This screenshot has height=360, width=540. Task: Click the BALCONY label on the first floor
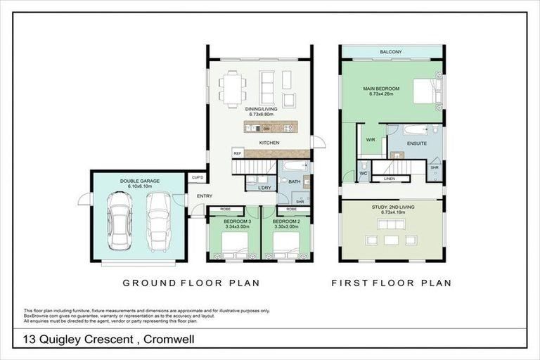click(x=391, y=53)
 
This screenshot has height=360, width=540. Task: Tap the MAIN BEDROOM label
click(x=381, y=89)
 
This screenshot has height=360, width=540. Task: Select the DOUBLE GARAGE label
click(x=139, y=181)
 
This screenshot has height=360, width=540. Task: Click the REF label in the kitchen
click(x=238, y=153)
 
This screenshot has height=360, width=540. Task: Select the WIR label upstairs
click(x=371, y=139)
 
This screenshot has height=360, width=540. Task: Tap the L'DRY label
click(x=264, y=187)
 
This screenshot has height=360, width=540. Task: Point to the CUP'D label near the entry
click(x=198, y=177)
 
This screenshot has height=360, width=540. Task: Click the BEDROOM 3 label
click(x=233, y=221)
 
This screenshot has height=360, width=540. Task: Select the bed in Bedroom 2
click(x=286, y=245)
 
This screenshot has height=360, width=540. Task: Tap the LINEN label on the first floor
click(x=387, y=179)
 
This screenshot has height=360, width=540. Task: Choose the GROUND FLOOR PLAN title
click(x=191, y=283)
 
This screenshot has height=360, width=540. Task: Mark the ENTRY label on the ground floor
click(x=205, y=196)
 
